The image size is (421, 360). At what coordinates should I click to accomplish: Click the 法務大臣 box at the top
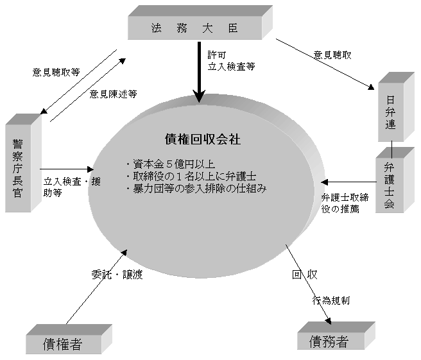(200, 23)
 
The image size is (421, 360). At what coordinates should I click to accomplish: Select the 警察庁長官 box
(23, 163)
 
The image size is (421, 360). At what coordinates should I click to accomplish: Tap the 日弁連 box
(396, 107)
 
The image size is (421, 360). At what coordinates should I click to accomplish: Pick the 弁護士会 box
(395, 180)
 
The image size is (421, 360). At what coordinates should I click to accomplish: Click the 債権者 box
(69, 339)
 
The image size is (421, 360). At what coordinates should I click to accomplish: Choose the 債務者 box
(336, 336)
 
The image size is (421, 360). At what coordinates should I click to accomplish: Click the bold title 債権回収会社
(203, 139)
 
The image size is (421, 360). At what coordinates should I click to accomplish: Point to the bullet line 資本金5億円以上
(171, 164)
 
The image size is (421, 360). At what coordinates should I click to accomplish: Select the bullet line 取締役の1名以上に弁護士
(191, 176)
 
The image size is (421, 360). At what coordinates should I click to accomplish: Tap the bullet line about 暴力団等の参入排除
(196, 189)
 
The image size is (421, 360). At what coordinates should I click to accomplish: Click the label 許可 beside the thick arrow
(217, 55)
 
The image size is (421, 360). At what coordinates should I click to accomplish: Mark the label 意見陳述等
(113, 94)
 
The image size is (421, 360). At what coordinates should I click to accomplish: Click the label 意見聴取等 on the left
(56, 73)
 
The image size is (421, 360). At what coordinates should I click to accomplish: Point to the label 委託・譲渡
(117, 275)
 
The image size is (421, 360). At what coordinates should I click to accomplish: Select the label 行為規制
(331, 300)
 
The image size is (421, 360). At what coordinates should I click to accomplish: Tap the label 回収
(305, 275)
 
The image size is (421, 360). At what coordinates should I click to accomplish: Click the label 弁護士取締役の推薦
(345, 203)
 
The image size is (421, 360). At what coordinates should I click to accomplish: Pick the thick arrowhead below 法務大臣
(199, 96)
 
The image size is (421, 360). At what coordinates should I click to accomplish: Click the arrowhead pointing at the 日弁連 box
(371, 87)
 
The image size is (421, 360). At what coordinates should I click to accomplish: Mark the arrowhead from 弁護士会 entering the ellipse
(325, 182)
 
